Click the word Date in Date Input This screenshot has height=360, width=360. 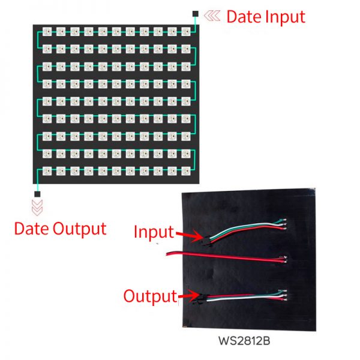click(245, 17)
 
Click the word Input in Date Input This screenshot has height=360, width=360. click(285, 17)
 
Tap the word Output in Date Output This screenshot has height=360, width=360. click(80, 229)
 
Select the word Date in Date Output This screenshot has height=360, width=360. click(32, 229)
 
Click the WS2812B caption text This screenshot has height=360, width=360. click(244, 341)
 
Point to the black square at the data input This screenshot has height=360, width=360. click(196, 14)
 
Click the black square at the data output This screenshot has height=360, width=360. click(37, 194)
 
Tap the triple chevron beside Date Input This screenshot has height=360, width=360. click(212, 16)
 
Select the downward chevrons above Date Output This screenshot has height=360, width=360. click(37, 208)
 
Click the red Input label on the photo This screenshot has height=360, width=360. click(154, 232)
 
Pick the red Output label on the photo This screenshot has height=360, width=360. click(151, 296)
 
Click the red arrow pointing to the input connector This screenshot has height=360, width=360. click(190, 236)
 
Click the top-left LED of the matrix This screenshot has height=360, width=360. click(47, 31)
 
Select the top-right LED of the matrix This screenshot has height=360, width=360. click(186, 31)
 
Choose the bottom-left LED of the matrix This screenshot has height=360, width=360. click(47, 171)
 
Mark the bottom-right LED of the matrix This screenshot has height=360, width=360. click(186, 171)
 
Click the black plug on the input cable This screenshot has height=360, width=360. click(206, 241)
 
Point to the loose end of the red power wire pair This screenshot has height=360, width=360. click(167, 254)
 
